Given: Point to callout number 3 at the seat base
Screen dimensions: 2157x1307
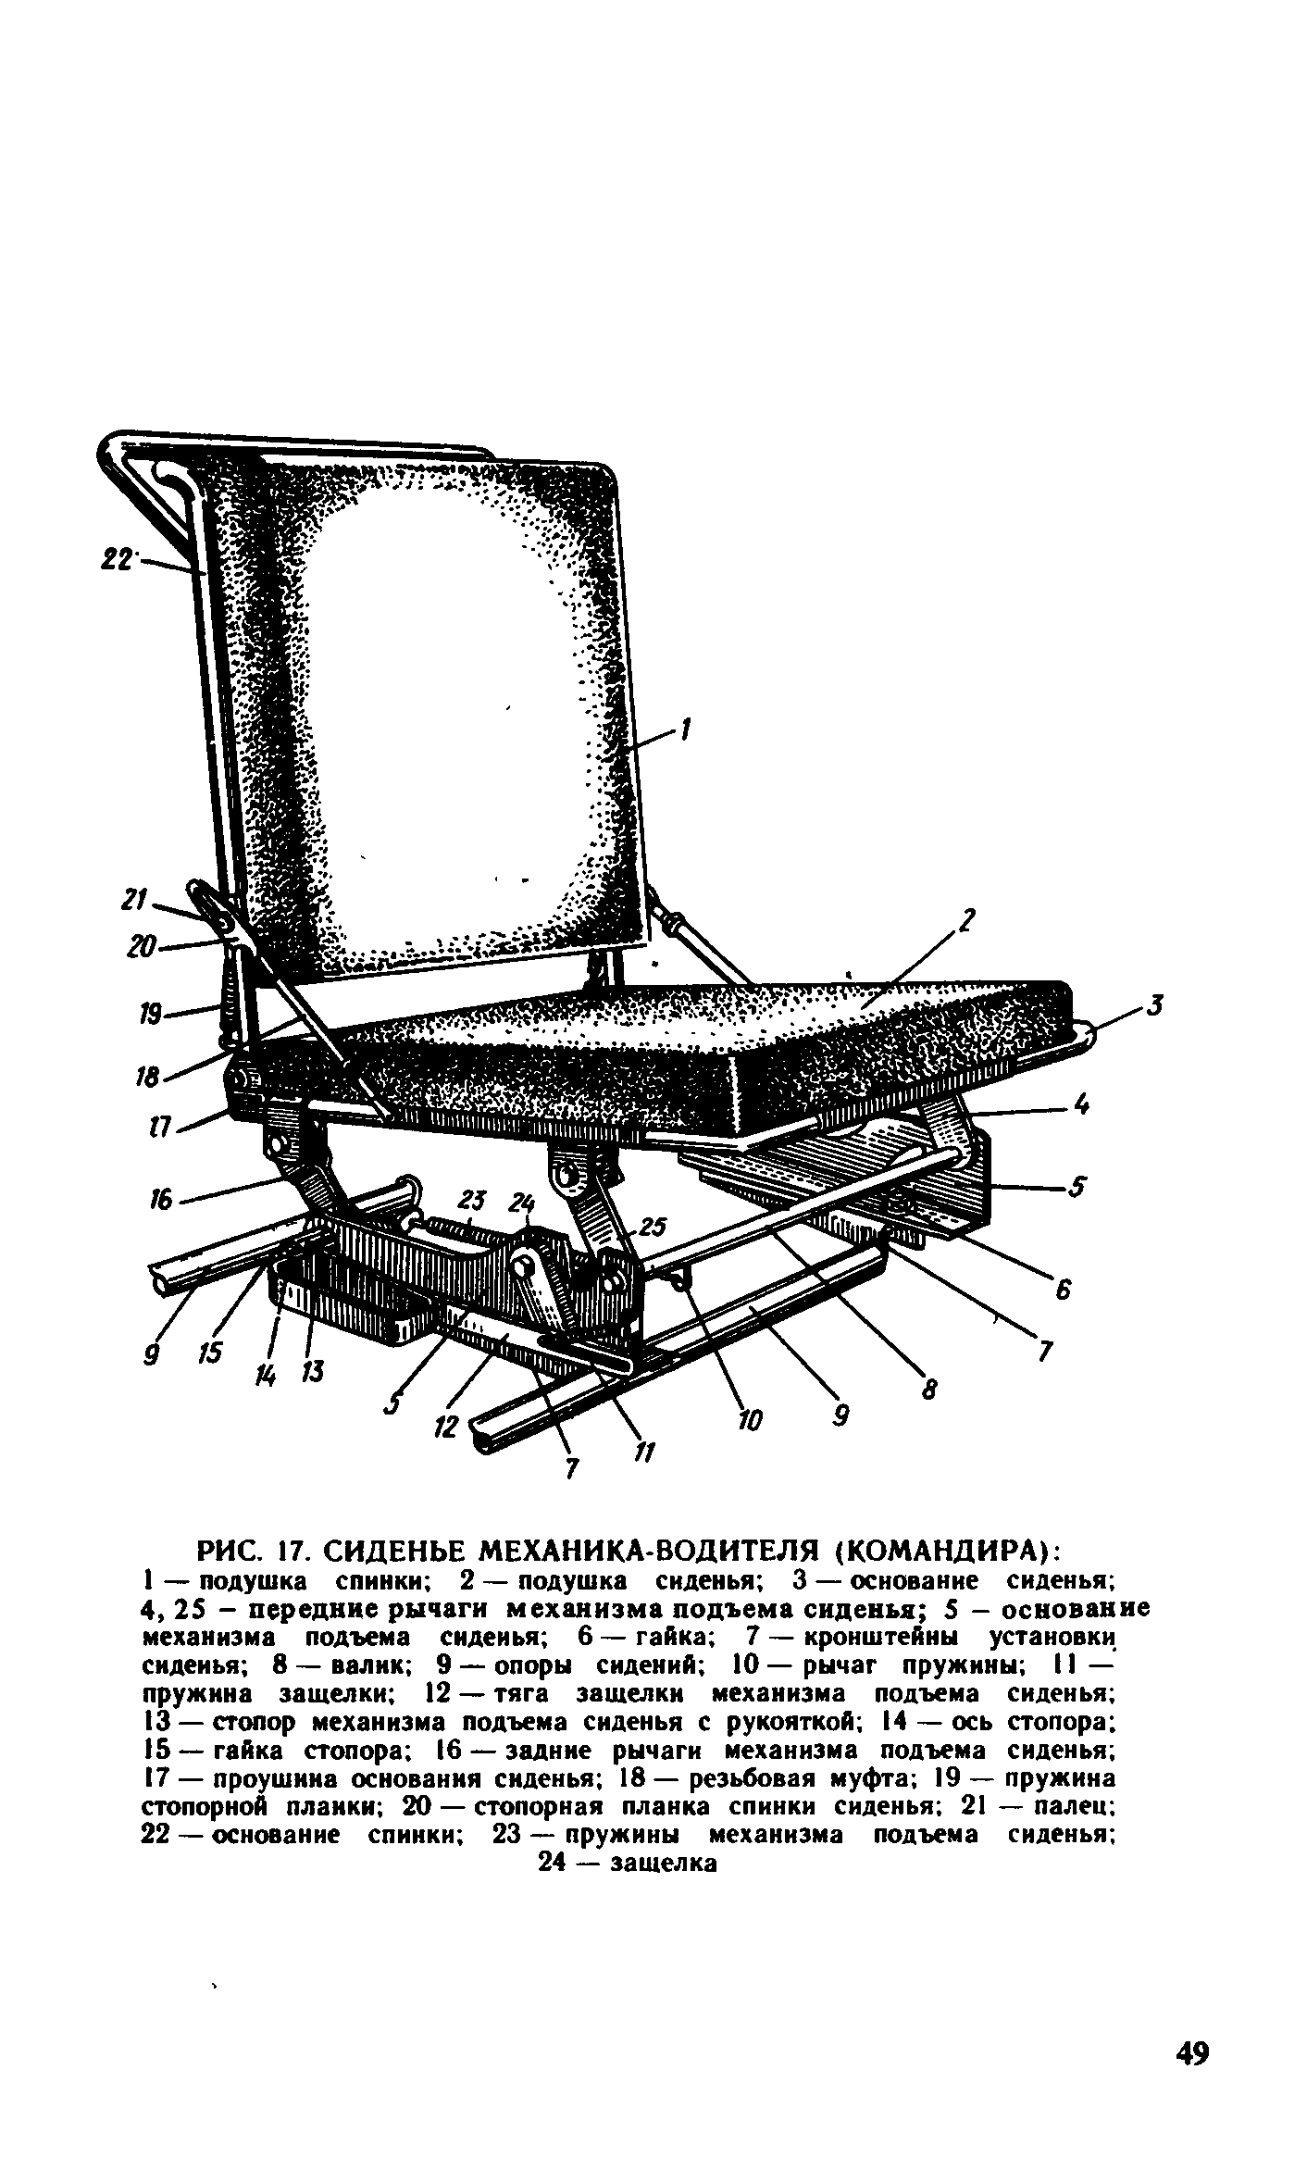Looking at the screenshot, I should [1153, 1005].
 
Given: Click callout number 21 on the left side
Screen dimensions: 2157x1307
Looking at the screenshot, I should [136, 899].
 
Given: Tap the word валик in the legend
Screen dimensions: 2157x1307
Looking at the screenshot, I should [348, 1665].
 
